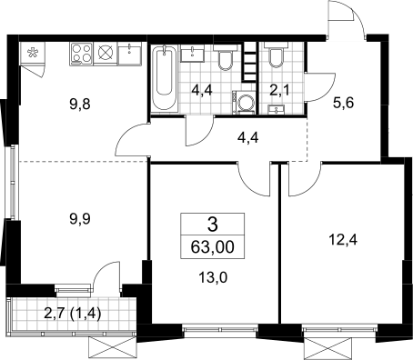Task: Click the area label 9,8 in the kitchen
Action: (x=80, y=105)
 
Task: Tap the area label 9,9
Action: (x=80, y=219)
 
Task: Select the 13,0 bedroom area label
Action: (x=213, y=277)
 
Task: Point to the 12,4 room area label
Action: (x=343, y=240)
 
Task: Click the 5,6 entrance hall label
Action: (x=344, y=104)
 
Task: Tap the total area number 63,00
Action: (x=213, y=247)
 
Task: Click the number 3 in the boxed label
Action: (x=213, y=225)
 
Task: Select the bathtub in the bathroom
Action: (x=164, y=79)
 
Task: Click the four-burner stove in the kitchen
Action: (x=82, y=54)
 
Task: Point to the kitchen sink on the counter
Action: (x=130, y=53)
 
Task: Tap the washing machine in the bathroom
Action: (x=244, y=103)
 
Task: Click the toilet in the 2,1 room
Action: (x=276, y=55)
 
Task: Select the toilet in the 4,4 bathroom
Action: (x=226, y=57)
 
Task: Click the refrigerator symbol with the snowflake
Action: (x=32, y=53)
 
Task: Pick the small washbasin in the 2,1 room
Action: (x=276, y=109)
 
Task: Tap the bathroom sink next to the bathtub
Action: (x=193, y=54)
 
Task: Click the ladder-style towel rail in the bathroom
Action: (x=249, y=62)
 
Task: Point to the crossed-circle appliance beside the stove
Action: (x=106, y=54)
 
